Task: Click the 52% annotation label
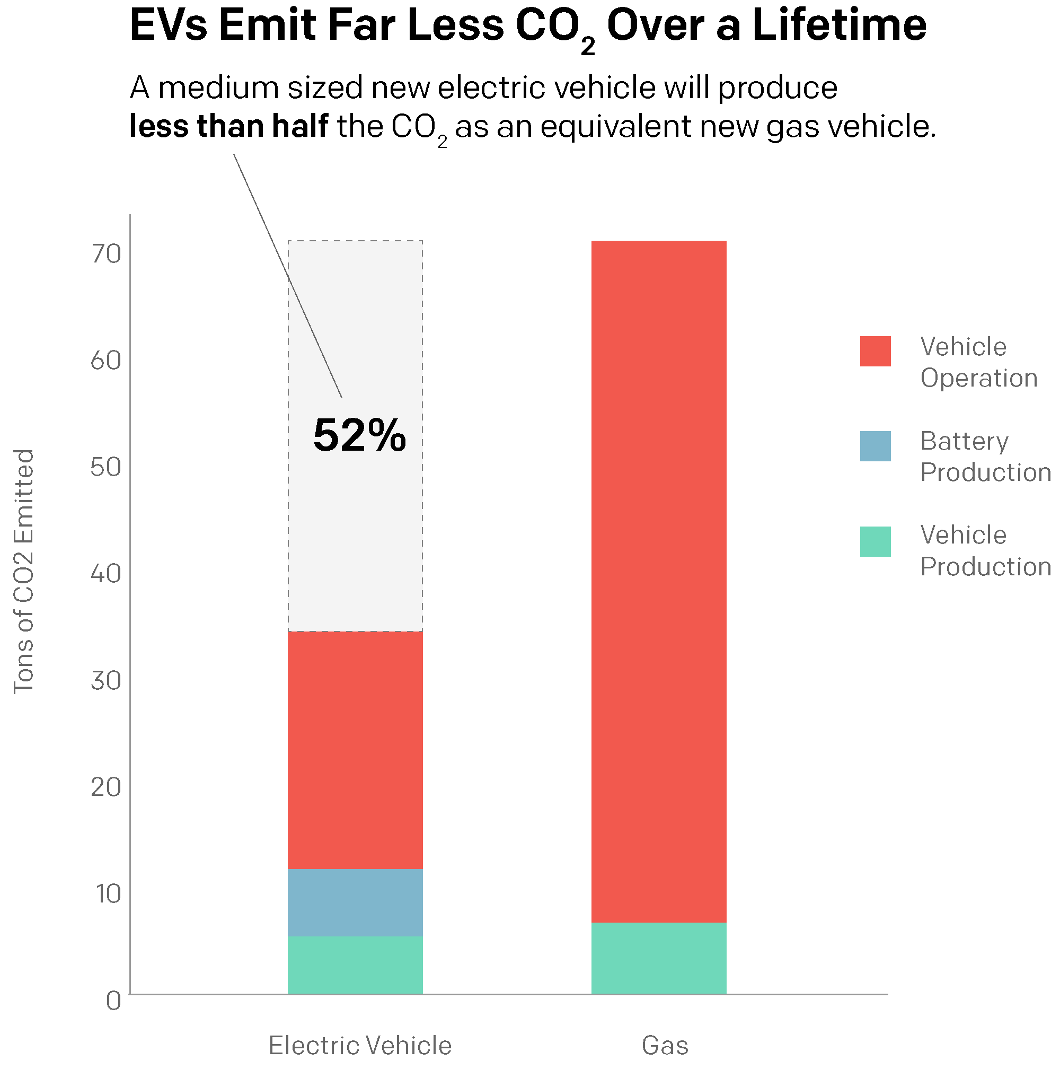pyautogui.click(x=359, y=435)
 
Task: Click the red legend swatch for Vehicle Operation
pyautogui.click(x=875, y=351)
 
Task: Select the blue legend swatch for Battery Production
pyautogui.click(x=875, y=446)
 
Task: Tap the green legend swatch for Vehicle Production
pyautogui.click(x=875, y=541)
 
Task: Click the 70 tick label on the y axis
pyautogui.click(x=106, y=255)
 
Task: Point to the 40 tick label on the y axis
pyautogui.click(x=106, y=574)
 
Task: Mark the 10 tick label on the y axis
pyautogui.click(x=108, y=894)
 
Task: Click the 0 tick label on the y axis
pyautogui.click(x=113, y=1001)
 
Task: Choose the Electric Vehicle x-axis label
pyautogui.click(x=360, y=1045)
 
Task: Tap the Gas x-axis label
pyautogui.click(x=665, y=1045)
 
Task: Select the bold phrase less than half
pyautogui.click(x=228, y=126)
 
